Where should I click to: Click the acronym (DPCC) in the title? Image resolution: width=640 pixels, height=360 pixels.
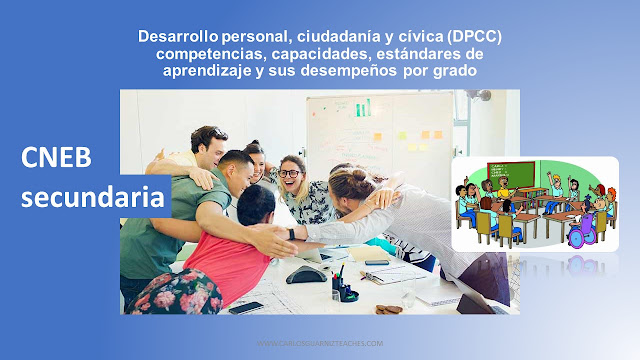click(x=467, y=37)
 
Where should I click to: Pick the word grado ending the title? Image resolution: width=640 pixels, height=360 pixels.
click(x=456, y=72)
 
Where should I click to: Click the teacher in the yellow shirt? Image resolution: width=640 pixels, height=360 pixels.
click(x=504, y=188)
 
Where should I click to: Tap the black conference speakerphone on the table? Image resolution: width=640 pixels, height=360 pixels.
click(x=307, y=273)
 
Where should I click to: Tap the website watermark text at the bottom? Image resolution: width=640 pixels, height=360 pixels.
click(x=320, y=343)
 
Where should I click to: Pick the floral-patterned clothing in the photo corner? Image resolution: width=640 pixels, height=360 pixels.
click(x=170, y=295)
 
